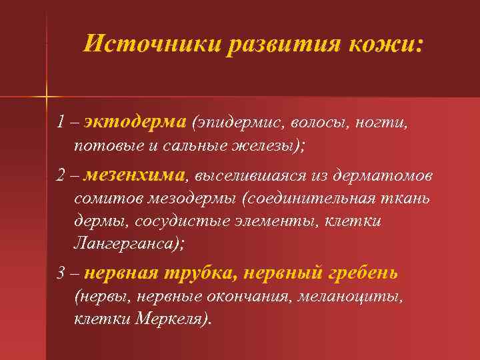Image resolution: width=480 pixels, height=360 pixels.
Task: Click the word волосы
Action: click(313, 123)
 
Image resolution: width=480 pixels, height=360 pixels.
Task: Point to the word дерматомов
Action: click(380, 175)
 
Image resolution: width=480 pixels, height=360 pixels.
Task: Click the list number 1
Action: click(61, 123)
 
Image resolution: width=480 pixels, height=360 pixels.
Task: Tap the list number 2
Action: click(61, 175)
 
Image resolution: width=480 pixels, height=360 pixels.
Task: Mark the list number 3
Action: click(61, 273)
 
